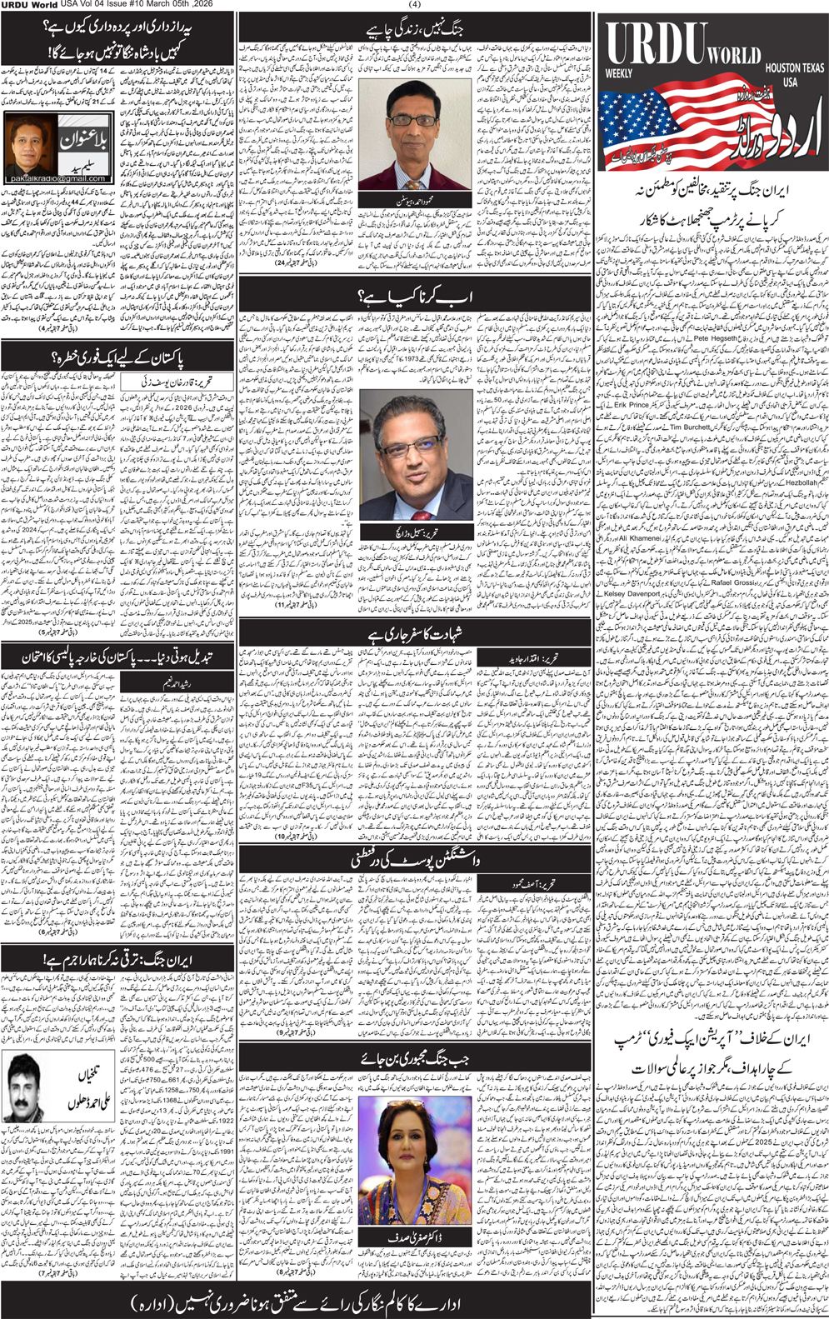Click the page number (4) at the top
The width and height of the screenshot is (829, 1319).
pyautogui.click(x=414, y=5)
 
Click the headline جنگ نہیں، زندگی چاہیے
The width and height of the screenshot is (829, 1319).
pyautogui.click(x=414, y=29)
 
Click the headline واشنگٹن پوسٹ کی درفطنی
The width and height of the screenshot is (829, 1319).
pyautogui.click(x=414, y=858)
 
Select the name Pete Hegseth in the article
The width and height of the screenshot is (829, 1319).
pyautogui.click(x=714, y=340)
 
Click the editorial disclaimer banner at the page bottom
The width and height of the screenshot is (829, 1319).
pyautogui.click(x=296, y=1302)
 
